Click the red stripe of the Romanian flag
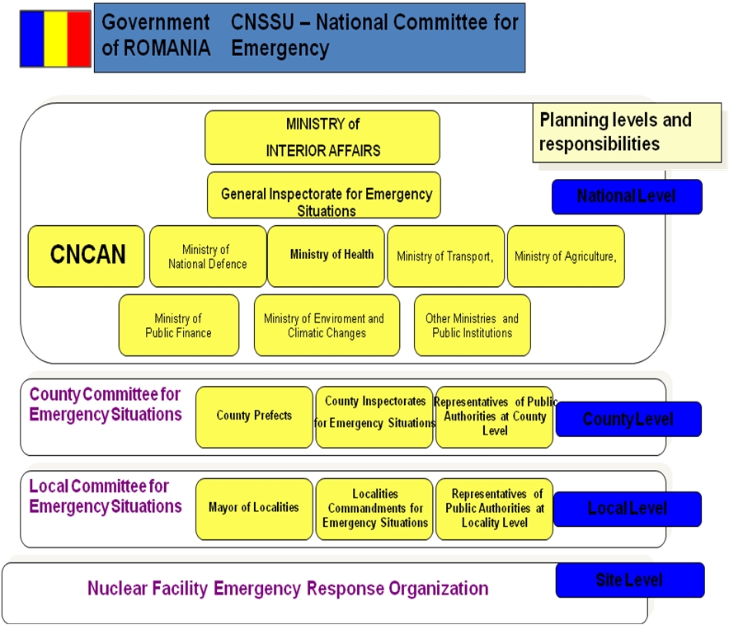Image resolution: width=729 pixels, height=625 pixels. [79, 38]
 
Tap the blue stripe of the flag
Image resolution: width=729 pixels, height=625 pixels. [31, 38]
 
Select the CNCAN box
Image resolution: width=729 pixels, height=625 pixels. [87, 256]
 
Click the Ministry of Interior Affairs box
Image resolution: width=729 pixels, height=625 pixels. [322, 138]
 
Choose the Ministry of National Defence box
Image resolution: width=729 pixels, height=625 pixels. [208, 256]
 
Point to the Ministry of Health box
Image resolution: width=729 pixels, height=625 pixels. [327, 256]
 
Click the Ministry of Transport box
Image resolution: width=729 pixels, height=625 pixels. [445, 256]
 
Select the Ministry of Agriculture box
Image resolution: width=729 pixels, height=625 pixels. [566, 256]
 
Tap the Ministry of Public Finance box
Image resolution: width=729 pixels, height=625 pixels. [179, 326]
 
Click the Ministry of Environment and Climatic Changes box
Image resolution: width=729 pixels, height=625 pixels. [327, 326]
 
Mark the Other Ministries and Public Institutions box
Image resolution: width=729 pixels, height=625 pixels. [473, 326]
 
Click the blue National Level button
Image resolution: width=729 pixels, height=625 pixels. [627, 197]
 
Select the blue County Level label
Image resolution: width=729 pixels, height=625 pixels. [628, 419]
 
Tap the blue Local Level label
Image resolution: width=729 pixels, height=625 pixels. [628, 509]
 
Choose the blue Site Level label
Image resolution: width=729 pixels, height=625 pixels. [630, 580]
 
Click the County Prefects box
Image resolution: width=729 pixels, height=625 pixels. [254, 416]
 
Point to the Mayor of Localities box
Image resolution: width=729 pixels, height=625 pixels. [254, 509]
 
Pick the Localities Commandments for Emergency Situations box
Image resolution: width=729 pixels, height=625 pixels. [374, 509]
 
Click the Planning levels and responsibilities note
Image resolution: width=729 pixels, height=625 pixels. [627, 132]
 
